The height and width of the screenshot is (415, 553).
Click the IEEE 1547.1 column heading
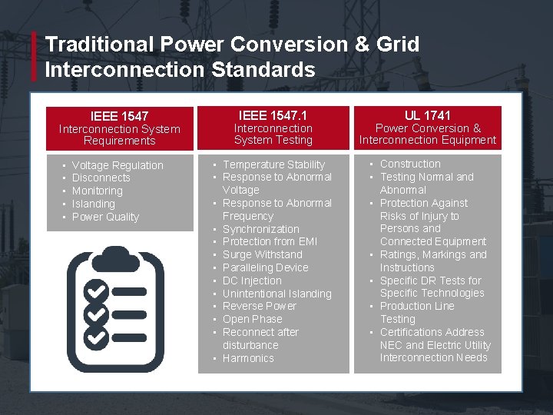point(273,115)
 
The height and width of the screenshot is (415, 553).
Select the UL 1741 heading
point(428,115)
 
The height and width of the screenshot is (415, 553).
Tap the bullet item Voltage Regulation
point(118,165)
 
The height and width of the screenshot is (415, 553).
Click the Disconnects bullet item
point(101,178)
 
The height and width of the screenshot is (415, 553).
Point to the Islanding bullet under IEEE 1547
point(93,204)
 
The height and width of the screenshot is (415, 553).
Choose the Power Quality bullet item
point(105,217)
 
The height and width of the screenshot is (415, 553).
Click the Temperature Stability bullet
point(273,164)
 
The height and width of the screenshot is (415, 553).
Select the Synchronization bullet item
point(260,229)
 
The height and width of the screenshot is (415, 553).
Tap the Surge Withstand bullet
point(262,254)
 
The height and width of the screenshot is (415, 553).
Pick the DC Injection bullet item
point(252,281)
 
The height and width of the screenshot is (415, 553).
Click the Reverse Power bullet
point(259,306)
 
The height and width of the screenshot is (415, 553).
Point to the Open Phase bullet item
point(252,319)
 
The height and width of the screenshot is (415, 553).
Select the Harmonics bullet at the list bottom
point(248,358)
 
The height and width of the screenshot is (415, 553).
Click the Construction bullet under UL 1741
point(410,164)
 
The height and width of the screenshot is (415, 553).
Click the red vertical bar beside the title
point(34,56)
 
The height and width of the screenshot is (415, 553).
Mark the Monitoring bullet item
point(97,191)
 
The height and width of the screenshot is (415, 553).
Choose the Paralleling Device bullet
point(265,267)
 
